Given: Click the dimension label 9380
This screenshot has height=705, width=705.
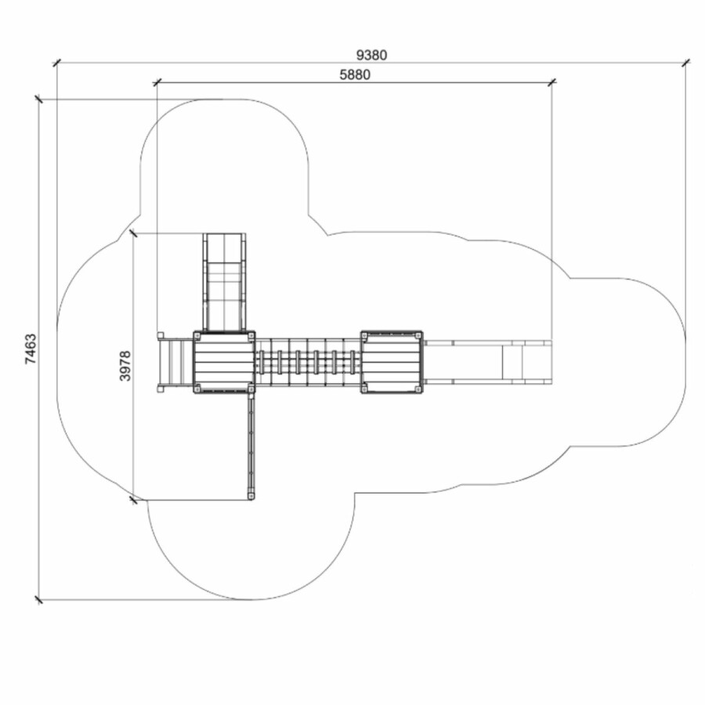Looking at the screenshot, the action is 371,55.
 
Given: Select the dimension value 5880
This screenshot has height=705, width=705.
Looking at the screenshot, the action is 355,74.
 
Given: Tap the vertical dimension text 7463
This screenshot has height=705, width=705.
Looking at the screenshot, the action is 31,349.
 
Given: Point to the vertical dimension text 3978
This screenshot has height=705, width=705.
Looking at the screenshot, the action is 125,366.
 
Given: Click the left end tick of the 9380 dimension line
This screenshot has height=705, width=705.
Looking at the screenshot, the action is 56,63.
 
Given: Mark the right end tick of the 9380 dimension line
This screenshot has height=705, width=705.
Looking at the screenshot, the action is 685,63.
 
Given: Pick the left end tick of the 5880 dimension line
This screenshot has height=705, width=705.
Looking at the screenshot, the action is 157,82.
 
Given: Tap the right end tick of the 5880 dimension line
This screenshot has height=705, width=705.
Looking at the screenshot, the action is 552,81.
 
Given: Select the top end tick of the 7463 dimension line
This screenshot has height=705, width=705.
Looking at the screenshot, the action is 39,99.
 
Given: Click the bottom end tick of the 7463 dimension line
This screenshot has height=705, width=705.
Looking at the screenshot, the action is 39,599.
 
